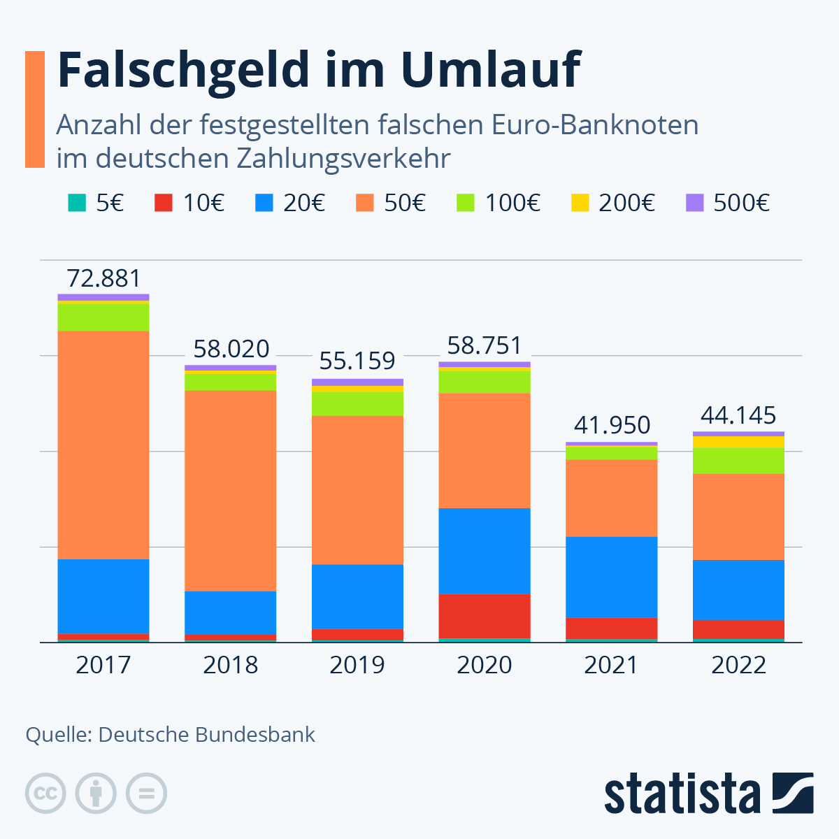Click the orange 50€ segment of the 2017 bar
coord(103,445)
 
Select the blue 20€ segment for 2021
coord(612,577)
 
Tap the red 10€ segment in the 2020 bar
coord(485,616)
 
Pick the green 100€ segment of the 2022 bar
coord(738,461)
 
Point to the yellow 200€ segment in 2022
coord(738,442)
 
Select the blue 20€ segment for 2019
coord(357,596)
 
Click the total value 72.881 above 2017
coord(103,279)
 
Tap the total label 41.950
coord(612,425)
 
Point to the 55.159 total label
coord(357,361)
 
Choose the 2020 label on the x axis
coord(485,665)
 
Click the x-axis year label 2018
coord(231,665)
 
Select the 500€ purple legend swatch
coord(694,203)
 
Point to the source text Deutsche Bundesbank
coord(206,735)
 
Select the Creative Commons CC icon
coord(45,794)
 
